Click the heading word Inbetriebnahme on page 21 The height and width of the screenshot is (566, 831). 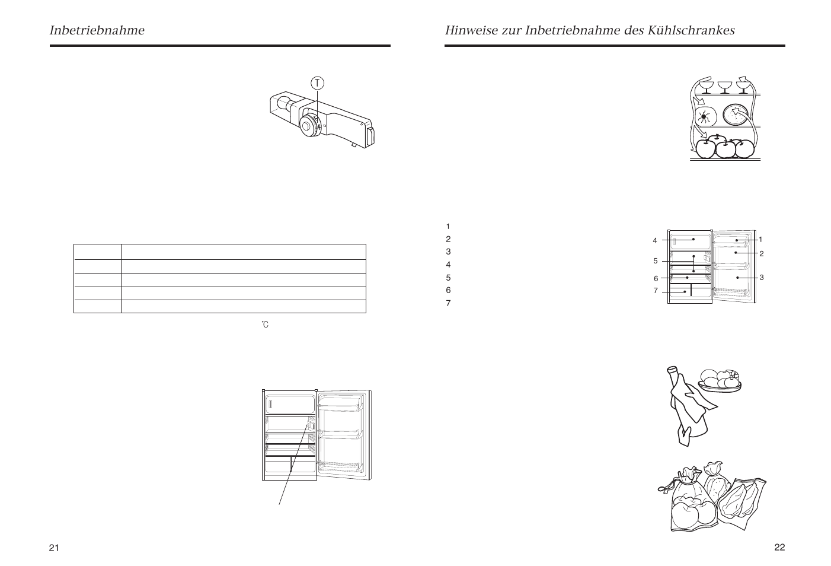point(97,30)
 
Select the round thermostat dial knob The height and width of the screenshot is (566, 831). point(309,126)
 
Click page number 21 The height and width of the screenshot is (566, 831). point(54,548)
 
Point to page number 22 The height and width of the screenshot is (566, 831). point(779,547)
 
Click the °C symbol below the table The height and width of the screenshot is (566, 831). point(265,325)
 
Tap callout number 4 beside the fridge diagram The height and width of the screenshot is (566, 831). point(655,241)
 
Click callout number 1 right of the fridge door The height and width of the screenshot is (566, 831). point(760,239)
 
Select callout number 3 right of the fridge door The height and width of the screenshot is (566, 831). point(761,277)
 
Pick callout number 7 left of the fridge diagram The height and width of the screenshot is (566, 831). point(656,291)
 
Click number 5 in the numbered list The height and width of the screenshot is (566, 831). point(448,278)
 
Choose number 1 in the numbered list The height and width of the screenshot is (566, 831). point(448,226)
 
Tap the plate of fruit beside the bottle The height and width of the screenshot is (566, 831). point(720,380)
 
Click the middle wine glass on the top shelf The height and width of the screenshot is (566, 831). point(724,87)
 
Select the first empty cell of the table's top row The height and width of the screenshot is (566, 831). point(97,252)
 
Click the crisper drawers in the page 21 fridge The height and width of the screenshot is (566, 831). point(289,465)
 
